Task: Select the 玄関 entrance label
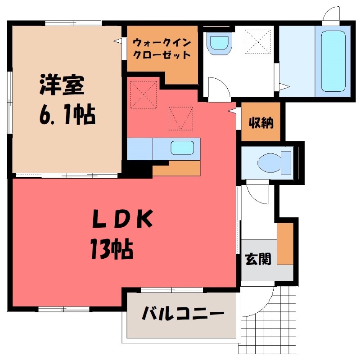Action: tap(258, 259)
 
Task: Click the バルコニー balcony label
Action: tap(183, 314)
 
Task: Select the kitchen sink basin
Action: tap(182, 147)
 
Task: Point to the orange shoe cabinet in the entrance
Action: tap(284, 243)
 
